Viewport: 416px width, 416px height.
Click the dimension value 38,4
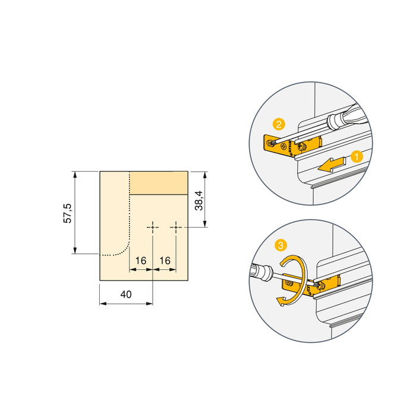point(199,200)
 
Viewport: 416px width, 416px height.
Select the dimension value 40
point(125,294)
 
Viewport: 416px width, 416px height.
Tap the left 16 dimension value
point(141,260)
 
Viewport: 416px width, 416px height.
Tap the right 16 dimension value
point(165,260)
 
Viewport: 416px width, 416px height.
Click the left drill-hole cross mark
point(153,227)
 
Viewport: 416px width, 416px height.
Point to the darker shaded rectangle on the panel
point(159,182)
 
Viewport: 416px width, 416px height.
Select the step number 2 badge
point(278,124)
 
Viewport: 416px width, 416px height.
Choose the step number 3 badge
point(280,245)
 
